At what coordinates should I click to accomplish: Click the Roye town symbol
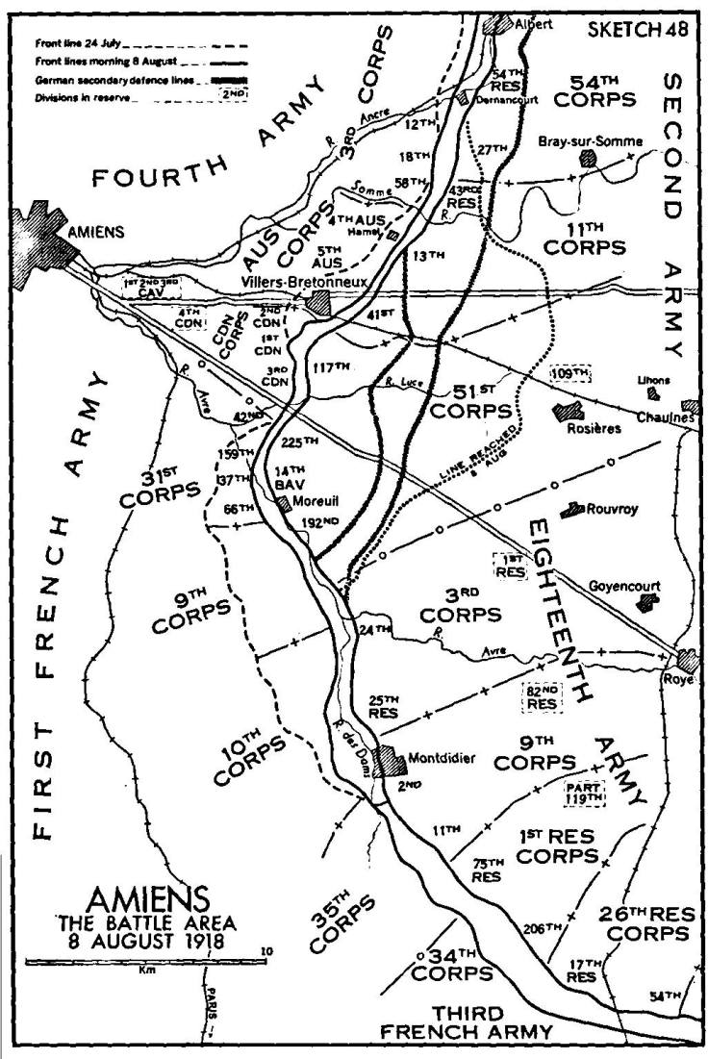[686, 659]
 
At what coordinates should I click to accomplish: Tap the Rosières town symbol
[563, 412]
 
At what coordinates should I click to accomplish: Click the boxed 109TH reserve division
[569, 371]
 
